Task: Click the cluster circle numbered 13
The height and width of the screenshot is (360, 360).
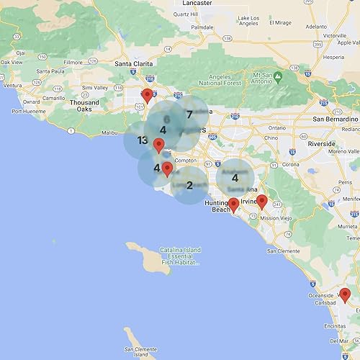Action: pos(142,140)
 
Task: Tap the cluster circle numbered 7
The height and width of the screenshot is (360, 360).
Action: pos(189,114)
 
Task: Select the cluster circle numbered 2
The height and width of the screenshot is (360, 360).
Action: pos(189,185)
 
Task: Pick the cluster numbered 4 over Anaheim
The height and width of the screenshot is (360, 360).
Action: pos(235,178)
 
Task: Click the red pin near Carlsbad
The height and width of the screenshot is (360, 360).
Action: pos(345,294)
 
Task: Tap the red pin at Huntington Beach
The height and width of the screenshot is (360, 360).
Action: pos(233,205)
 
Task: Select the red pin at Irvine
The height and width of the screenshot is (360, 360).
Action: pos(262,202)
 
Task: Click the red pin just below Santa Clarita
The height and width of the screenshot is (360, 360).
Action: pos(147,96)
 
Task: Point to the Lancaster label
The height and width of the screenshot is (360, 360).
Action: pos(197,3)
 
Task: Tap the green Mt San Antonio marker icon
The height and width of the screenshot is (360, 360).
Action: pos(277,75)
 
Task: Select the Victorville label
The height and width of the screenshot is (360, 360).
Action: pos(334,35)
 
